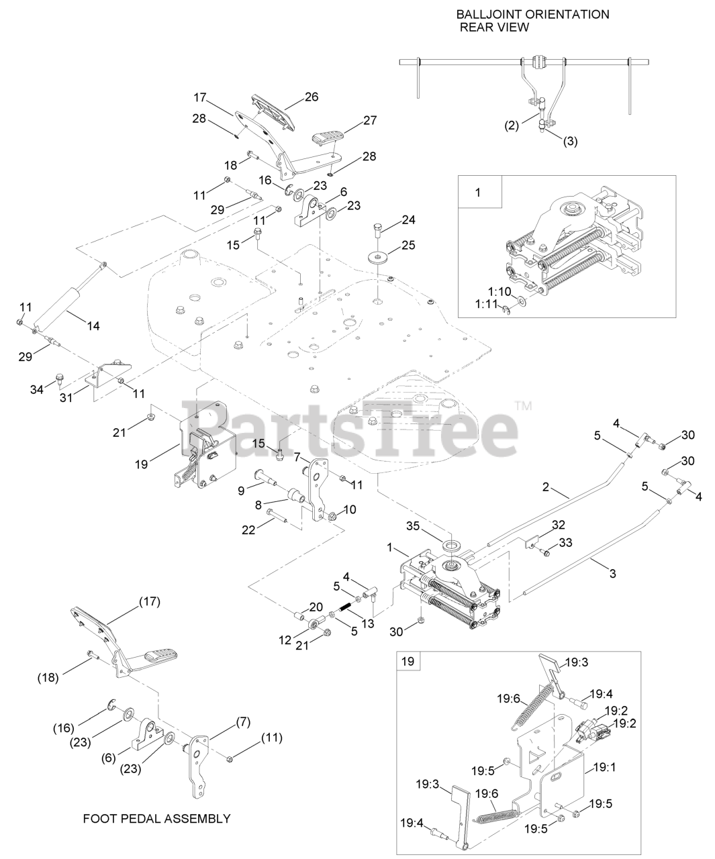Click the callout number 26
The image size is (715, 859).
coord(311,96)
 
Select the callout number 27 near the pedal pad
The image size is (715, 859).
coord(370,120)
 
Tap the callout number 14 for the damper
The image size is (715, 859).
coord(93,325)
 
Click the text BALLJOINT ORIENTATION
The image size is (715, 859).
coord(532,14)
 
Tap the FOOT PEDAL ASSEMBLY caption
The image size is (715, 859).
coord(156,819)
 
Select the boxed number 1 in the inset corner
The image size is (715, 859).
coord(478,193)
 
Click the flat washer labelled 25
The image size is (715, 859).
coord(379,257)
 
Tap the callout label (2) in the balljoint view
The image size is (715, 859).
coord(512,125)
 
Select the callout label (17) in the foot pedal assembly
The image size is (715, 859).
coord(149,601)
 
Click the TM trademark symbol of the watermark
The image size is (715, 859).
coord(522,406)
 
